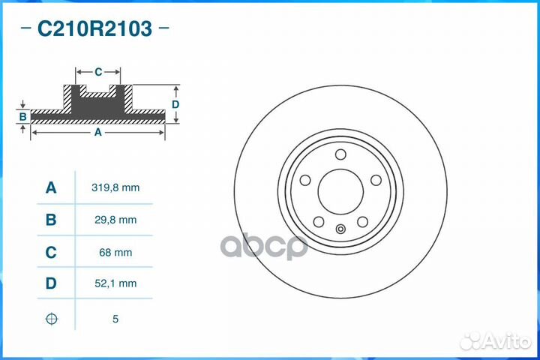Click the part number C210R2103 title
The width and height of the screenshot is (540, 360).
[94, 29]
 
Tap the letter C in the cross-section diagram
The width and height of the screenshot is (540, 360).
[98, 72]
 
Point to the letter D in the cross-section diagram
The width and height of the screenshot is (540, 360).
[175, 104]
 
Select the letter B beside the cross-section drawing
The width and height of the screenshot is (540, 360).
[23, 117]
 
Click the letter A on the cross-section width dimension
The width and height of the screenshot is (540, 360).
[97, 132]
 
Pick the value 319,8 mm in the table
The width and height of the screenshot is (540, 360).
[115, 187]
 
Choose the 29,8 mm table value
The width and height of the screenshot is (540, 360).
[115, 220]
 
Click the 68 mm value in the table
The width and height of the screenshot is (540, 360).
[115, 252]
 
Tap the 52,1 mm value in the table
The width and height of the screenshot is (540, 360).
[115, 283]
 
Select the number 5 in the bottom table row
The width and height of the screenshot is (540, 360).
[115, 319]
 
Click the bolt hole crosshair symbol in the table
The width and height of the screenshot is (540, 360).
[51, 319]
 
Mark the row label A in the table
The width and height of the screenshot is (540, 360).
[51, 187]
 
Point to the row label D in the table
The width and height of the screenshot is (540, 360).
[51, 283]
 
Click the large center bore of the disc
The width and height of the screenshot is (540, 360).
[340, 190]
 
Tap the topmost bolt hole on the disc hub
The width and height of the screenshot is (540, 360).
[340, 154]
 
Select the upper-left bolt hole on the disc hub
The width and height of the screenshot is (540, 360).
[305, 180]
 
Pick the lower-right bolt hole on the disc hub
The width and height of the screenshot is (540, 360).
[362, 221]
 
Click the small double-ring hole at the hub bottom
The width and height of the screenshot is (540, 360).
[340, 230]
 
